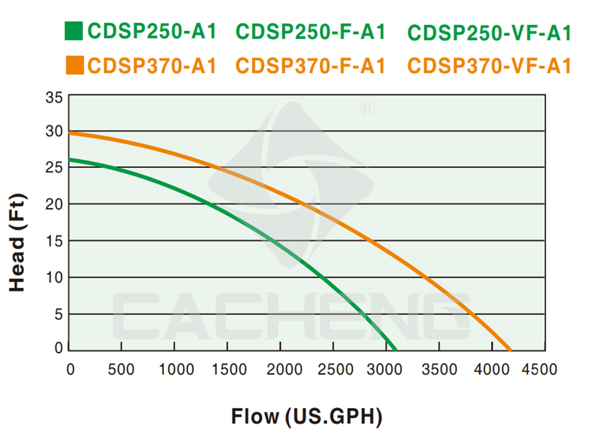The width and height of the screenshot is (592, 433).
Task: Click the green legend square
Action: click(x=73, y=32)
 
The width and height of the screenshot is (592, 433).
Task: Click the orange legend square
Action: click(x=73, y=66)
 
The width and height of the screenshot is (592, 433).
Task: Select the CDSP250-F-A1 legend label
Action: click(x=311, y=32)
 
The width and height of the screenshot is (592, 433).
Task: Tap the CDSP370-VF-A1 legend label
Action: click(x=489, y=66)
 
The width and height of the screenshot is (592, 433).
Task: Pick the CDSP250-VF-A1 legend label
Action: click(x=489, y=32)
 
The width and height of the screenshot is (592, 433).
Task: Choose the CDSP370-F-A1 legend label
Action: click(x=311, y=66)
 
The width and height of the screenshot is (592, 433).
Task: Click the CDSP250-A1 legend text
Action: click(x=152, y=32)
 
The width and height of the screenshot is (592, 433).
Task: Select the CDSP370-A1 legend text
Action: click(x=152, y=66)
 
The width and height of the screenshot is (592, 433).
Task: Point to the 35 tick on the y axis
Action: click(x=54, y=98)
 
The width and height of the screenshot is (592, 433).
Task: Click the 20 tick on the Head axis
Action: click(x=54, y=204)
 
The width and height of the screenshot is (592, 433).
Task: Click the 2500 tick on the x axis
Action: click(x=333, y=369)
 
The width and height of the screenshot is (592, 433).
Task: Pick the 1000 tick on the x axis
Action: click(x=174, y=369)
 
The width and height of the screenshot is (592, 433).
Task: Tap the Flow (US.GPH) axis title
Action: click(x=307, y=417)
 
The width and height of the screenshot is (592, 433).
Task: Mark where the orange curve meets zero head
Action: click(x=510, y=350)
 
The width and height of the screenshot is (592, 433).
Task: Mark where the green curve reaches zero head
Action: click(x=395, y=350)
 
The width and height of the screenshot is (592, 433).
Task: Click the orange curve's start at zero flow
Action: click(x=70, y=133)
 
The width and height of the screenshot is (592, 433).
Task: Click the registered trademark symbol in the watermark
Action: click(x=368, y=109)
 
